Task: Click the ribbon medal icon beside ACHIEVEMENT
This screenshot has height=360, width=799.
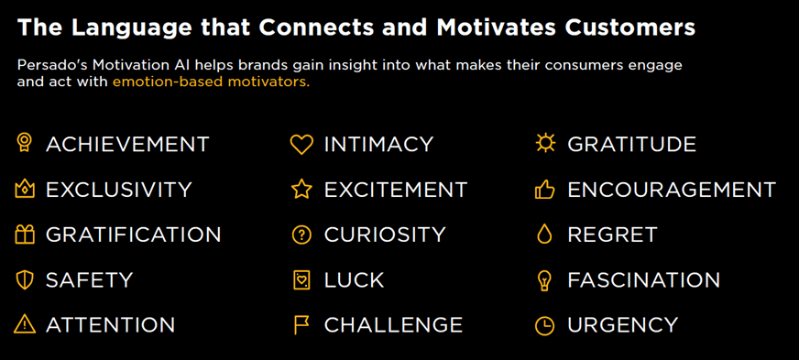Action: [25, 143]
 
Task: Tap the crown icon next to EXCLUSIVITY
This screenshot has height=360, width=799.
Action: [25, 190]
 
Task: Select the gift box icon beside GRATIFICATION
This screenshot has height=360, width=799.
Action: [25, 235]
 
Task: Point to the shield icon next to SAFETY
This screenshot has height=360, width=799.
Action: [25, 280]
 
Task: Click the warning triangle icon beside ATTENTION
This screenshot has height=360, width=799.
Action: [25, 324]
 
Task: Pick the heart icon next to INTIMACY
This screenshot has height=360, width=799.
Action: [301, 145]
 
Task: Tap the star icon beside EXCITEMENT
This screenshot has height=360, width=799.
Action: [301, 190]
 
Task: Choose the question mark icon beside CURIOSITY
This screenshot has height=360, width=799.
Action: [301, 235]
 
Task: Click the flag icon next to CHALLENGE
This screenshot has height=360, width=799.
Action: [301, 325]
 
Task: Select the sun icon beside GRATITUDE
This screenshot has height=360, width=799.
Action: [544, 143]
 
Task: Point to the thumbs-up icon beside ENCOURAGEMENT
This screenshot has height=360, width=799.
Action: [544, 190]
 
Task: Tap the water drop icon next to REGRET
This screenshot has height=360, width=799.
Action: [544, 235]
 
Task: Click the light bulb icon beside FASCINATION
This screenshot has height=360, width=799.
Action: [544, 280]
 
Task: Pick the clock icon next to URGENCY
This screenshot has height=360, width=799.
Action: [544, 325]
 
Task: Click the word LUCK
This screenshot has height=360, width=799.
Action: [354, 280]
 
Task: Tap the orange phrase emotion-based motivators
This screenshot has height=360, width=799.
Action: [211, 82]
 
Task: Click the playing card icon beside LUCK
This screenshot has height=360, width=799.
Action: [301, 280]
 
